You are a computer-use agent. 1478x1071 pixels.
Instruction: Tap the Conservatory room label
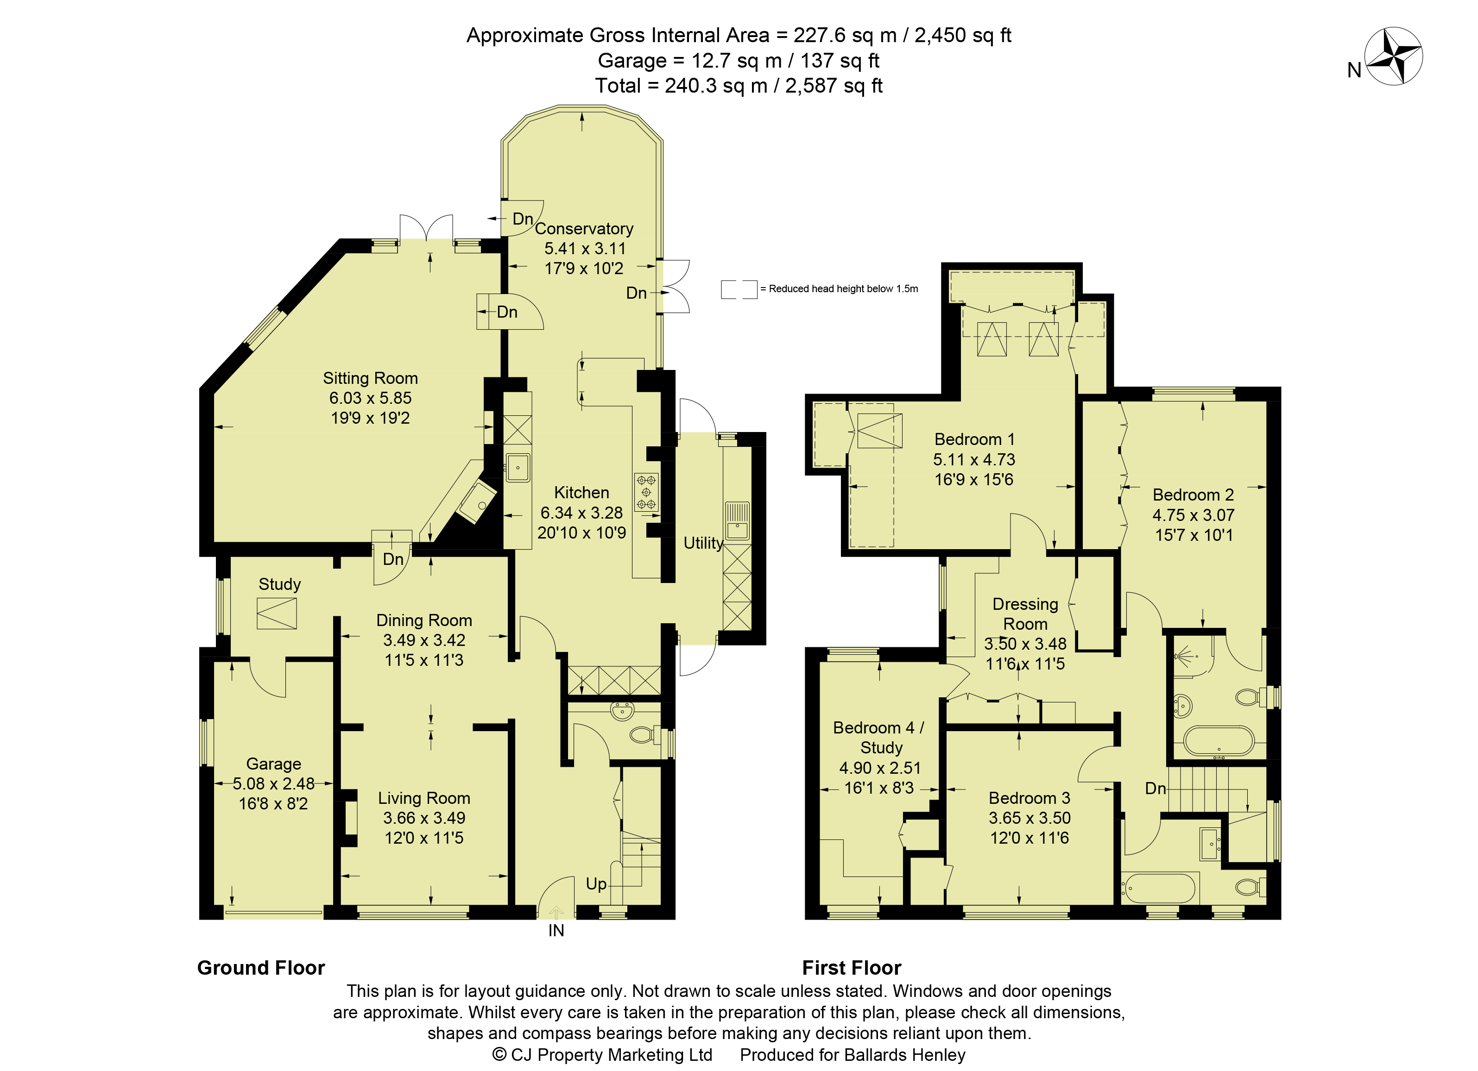(x=584, y=229)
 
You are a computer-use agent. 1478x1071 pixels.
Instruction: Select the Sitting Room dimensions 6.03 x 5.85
(x=370, y=398)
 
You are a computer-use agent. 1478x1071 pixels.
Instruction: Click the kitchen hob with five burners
(x=646, y=492)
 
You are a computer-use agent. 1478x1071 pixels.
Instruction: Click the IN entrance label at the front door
(x=556, y=930)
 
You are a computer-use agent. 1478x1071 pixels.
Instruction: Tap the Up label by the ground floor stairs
(x=596, y=884)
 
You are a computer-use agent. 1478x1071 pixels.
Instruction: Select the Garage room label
(x=274, y=764)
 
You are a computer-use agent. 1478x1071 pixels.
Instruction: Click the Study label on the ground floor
(x=279, y=584)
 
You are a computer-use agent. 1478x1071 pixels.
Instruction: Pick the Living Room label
(x=424, y=798)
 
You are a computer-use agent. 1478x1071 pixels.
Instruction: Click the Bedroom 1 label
(x=974, y=440)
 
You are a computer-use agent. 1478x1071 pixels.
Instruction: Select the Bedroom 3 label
(x=1030, y=798)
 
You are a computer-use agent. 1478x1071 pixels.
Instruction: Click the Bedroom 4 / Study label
(x=879, y=738)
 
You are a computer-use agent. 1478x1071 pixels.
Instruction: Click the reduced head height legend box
(x=739, y=289)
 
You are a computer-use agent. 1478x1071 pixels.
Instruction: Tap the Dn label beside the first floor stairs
(x=1156, y=788)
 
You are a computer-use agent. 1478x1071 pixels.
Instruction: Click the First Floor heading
(x=851, y=967)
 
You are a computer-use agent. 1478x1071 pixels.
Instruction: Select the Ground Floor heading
(x=261, y=967)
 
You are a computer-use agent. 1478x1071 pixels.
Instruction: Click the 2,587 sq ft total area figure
(x=834, y=85)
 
